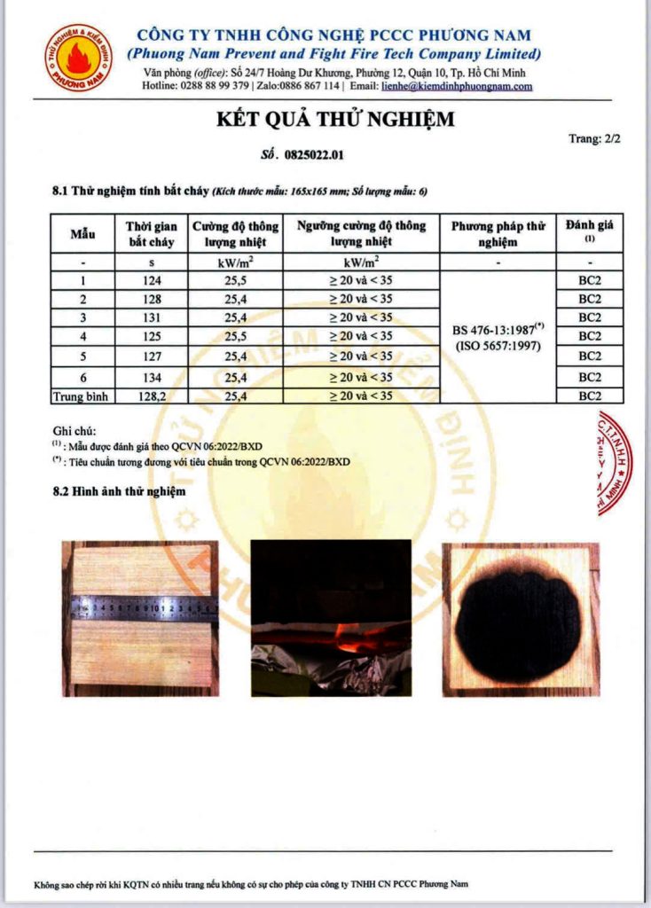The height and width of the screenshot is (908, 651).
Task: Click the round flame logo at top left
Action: coord(80,59)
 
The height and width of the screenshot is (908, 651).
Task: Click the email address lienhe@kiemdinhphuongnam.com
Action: coord(457,86)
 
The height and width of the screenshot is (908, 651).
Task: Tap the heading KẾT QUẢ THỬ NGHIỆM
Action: coord(335,120)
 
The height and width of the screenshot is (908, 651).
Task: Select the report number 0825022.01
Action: coord(314,155)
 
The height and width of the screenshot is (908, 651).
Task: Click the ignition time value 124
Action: coord(152,280)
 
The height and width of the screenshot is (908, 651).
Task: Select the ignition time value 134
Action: coord(152,377)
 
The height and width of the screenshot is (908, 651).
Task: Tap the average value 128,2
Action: coord(152,395)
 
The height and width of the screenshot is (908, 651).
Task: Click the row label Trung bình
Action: coord(82,395)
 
